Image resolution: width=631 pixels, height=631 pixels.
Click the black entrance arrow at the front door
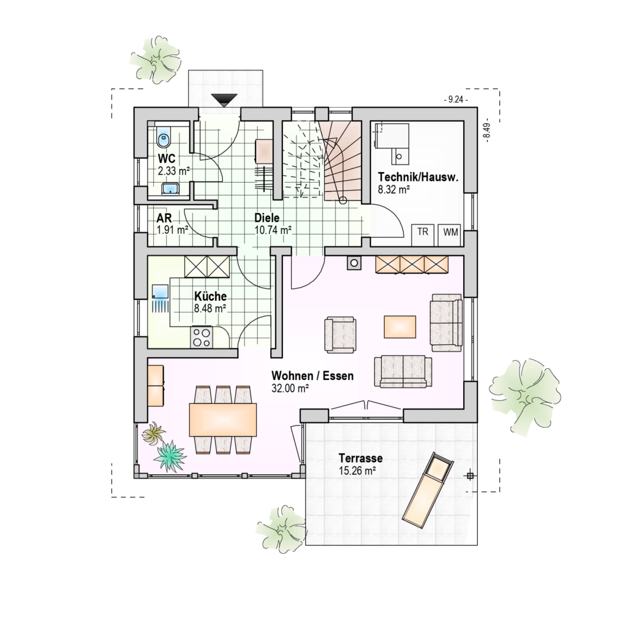[224, 100]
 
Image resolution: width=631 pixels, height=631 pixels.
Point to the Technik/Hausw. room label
[418, 177]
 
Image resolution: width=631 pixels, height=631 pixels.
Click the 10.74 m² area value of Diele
[273, 230]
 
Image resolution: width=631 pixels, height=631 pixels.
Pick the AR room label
[164, 217]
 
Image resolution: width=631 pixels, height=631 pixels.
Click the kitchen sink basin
[160, 291]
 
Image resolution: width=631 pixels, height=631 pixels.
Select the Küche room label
[211, 296]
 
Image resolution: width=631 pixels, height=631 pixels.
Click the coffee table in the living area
[400, 327]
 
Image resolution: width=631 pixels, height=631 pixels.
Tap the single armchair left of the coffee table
[341, 335]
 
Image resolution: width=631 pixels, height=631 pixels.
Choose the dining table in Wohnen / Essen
[223, 420]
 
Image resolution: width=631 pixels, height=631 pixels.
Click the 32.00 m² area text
[290, 388]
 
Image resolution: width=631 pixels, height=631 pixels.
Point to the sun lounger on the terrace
[428, 489]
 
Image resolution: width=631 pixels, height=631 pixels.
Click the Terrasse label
[361, 458]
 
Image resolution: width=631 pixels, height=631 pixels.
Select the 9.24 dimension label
[456, 99]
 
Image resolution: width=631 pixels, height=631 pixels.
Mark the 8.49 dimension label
[487, 130]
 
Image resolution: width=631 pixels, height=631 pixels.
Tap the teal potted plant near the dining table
[170, 456]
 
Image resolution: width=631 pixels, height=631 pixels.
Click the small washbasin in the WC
[170, 188]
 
